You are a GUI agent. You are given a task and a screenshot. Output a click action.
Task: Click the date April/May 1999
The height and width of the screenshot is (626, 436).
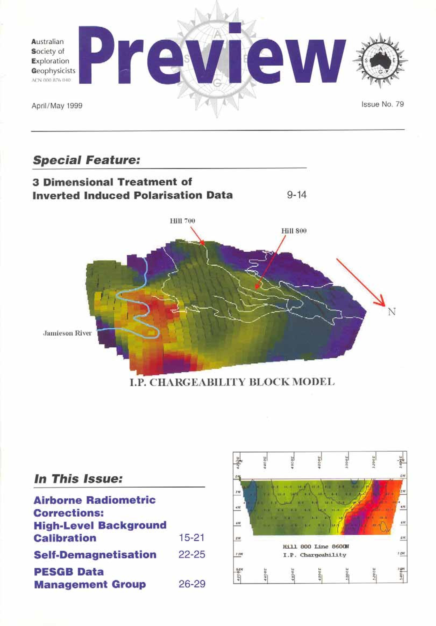point(57,105)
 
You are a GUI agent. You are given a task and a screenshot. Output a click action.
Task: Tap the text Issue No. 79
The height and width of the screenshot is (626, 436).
point(382,104)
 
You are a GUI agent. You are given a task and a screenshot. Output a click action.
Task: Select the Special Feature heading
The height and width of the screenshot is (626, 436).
point(86,160)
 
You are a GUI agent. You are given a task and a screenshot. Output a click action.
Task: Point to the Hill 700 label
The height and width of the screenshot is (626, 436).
point(182,221)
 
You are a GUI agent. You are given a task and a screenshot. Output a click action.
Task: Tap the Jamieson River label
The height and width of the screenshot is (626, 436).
point(67,333)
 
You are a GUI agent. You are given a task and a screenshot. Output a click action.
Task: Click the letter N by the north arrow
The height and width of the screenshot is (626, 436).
point(392,312)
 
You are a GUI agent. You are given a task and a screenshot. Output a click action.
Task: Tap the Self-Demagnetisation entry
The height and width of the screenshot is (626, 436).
point(95,555)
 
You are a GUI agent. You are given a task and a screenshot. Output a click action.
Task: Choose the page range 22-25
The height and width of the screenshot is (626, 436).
point(192,555)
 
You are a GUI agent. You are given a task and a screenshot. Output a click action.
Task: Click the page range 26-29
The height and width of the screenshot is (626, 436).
point(192,584)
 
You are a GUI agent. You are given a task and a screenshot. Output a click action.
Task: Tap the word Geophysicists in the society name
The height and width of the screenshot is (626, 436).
point(53,71)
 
